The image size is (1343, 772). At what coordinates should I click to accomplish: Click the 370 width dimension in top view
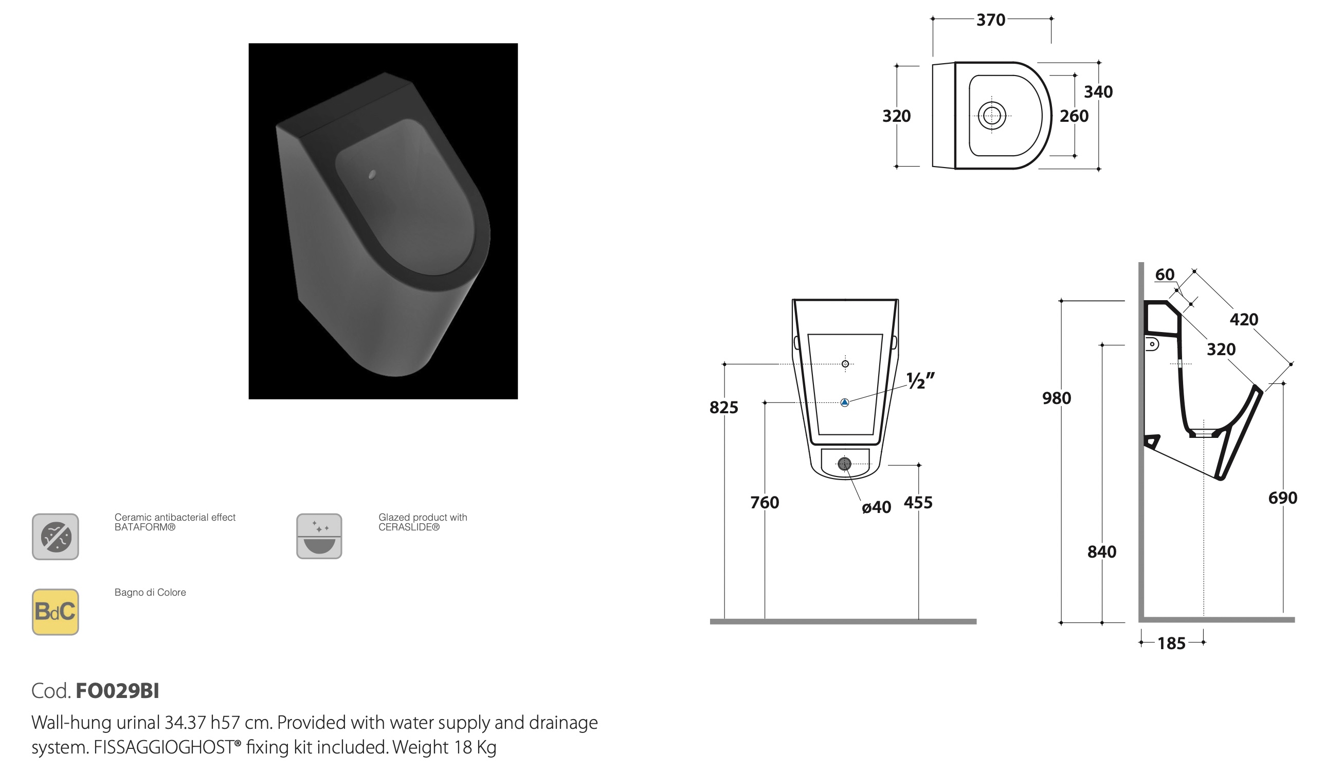coord(990,20)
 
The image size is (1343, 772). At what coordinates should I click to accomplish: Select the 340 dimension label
coord(1098,92)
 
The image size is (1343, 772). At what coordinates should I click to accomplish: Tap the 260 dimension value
coord(1074,116)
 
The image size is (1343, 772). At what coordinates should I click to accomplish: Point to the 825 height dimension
coord(723,407)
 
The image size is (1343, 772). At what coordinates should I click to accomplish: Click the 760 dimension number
coord(765,502)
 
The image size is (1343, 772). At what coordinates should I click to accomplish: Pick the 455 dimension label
coord(918,502)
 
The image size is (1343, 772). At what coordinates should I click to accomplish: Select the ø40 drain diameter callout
coord(876,507)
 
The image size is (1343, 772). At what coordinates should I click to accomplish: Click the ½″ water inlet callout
coord(920,381)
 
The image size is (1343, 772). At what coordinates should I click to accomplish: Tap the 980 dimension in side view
coord(1057,398)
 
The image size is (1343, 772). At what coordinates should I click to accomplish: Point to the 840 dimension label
coord(1102,552)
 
